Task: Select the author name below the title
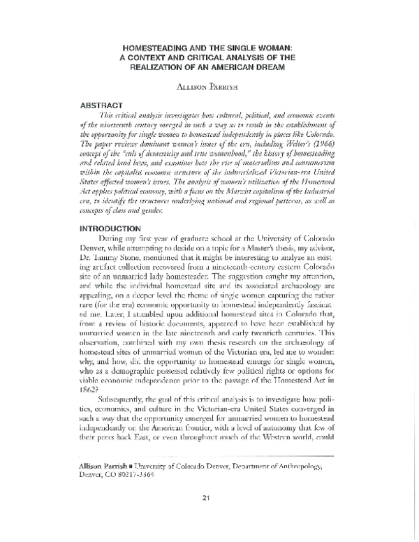(x=208, y=87)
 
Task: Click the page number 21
(x=206, y=517)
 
